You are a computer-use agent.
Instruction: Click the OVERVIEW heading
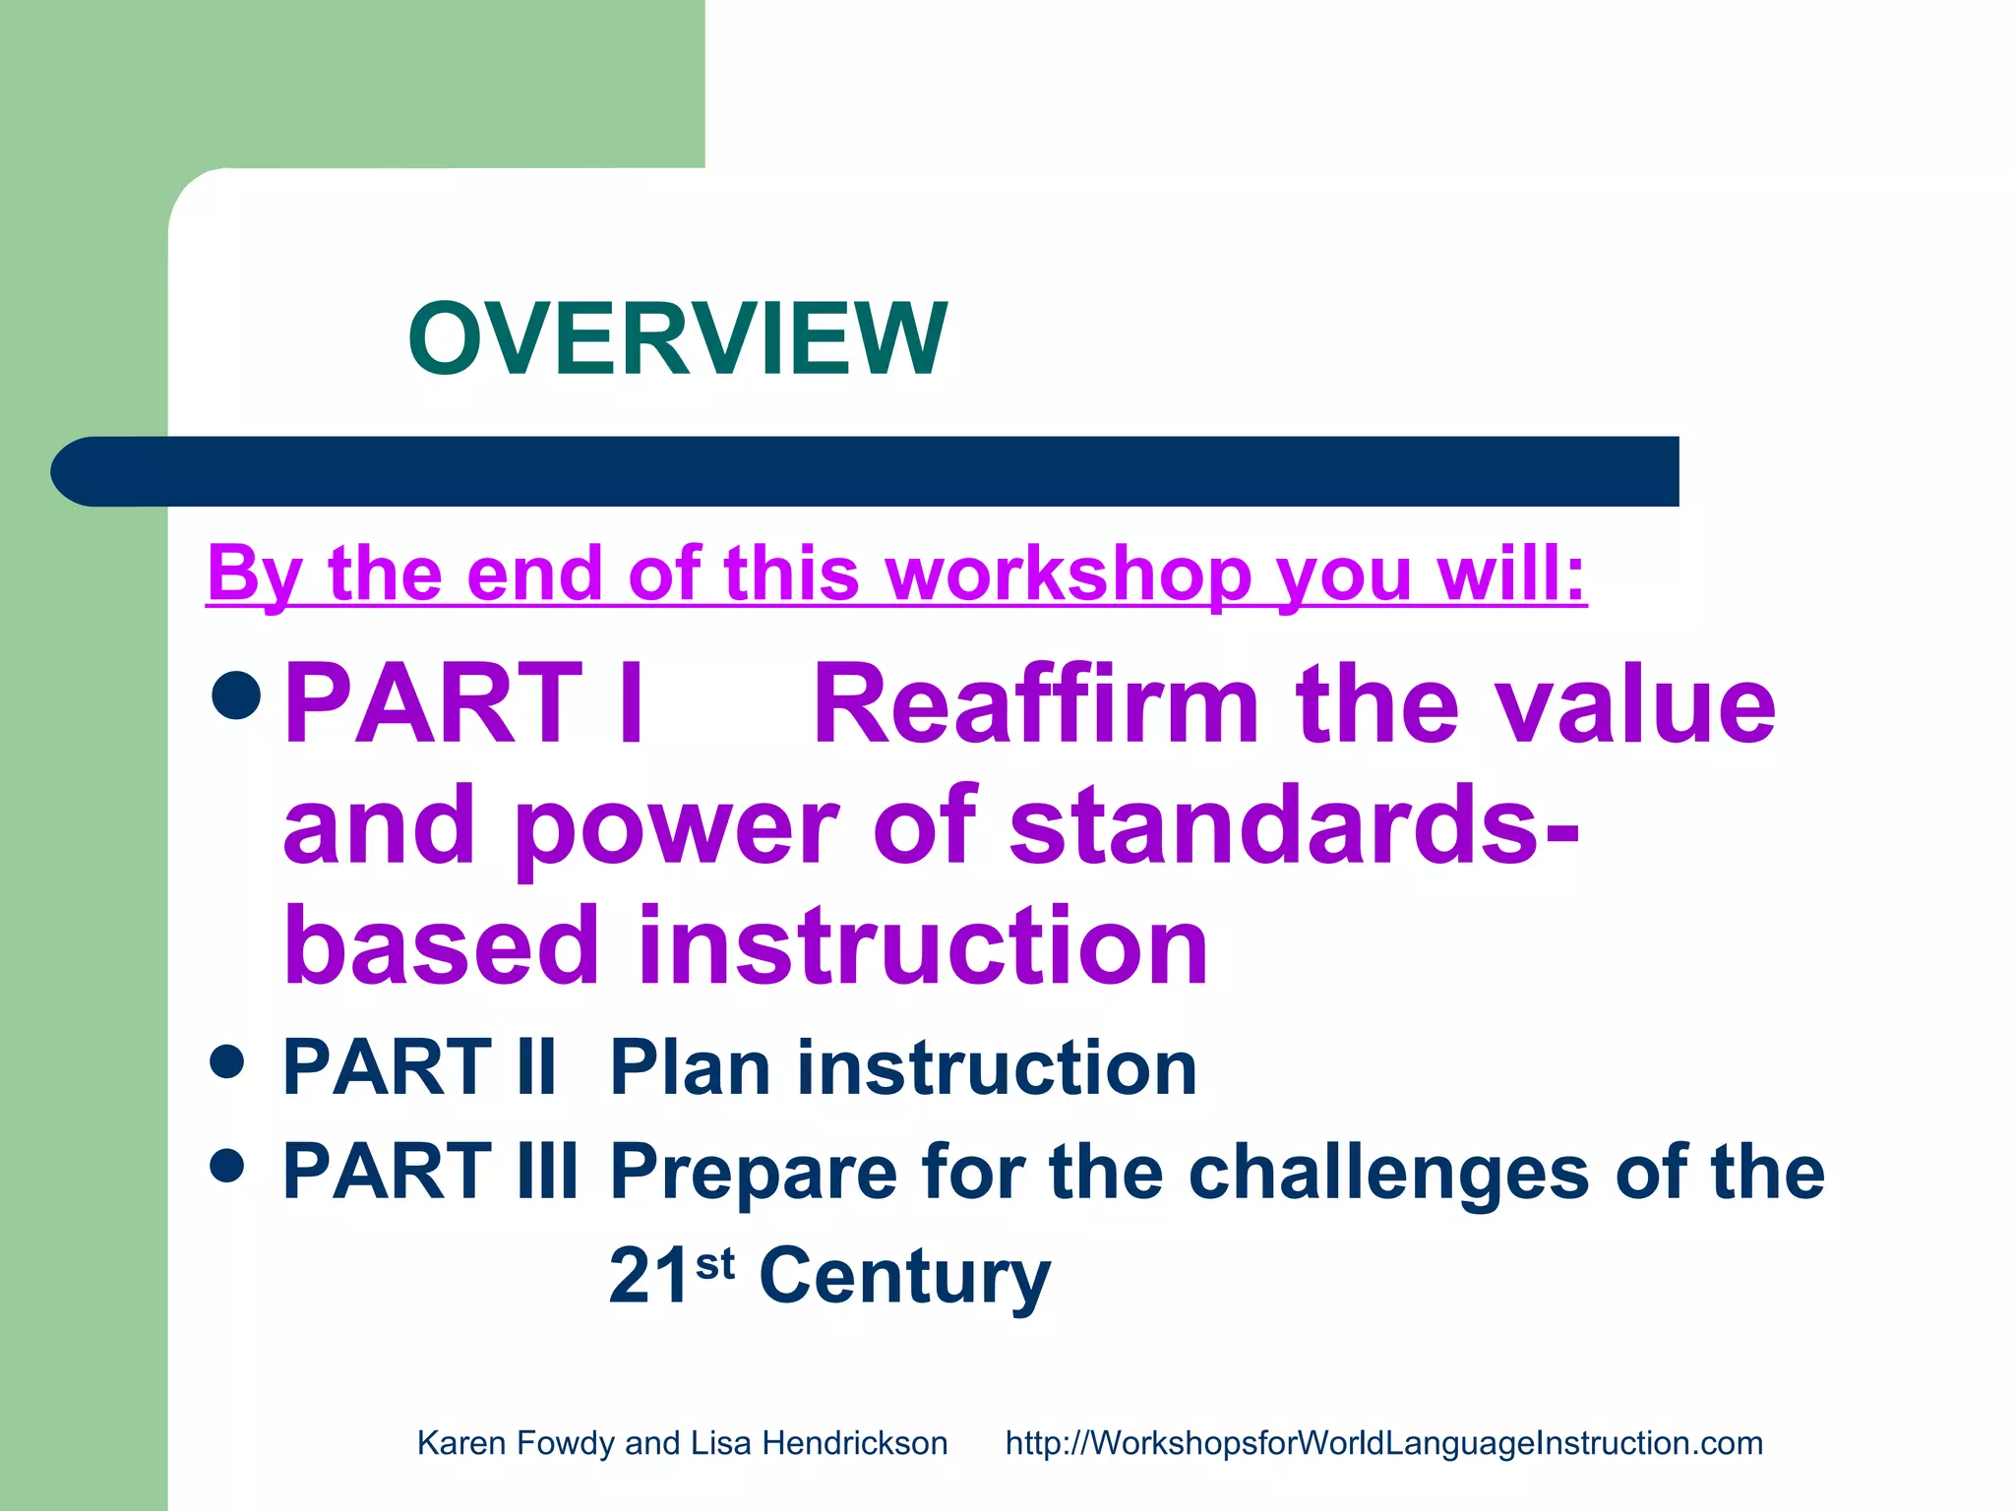677,339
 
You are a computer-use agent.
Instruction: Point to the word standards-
1294,826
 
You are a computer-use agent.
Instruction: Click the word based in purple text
442,945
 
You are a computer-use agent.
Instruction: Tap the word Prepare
754,1173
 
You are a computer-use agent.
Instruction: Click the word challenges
1388,1173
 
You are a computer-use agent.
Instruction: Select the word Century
904,1276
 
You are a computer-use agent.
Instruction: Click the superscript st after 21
715,1262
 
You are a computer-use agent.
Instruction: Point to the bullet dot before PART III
227,1166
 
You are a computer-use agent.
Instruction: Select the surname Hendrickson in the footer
854,1443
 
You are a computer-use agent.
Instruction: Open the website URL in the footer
1383,1443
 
